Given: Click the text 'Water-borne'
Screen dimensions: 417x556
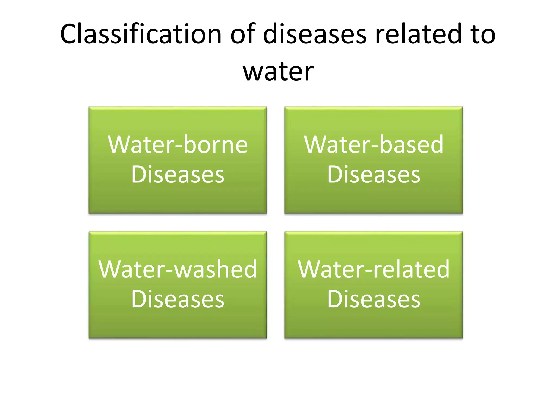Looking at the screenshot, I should (x=178, y=144).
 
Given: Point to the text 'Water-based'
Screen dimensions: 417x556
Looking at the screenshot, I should (x=374, y=144).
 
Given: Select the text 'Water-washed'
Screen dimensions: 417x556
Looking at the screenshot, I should (x=178, y=269).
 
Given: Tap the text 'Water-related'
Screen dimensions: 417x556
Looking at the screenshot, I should (x=374, y=269).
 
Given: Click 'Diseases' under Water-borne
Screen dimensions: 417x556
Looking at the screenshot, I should (x=178, y=174).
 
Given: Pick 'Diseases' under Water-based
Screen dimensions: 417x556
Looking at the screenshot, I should (x=374, y=174).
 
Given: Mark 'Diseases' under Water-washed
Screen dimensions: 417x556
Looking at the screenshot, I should (x=178, y=299).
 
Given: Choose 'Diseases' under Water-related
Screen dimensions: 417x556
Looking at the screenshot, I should (x=374, y=299).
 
